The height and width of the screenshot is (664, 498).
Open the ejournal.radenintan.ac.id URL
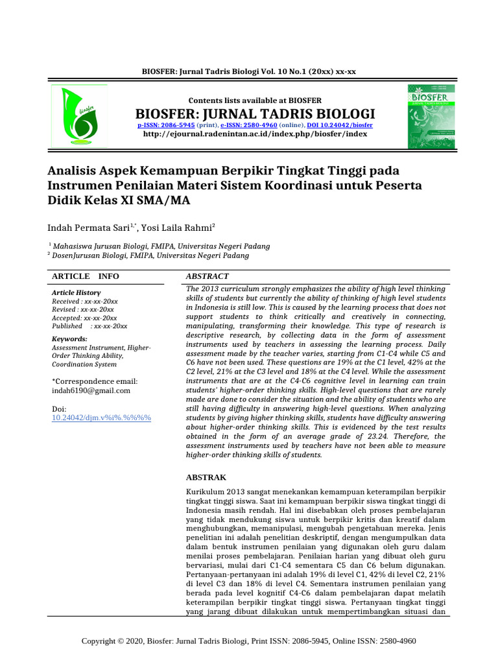(x=255, y=134)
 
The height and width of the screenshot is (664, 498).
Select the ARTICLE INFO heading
(x=86, y=276)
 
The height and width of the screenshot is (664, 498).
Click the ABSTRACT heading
(x=207, y=276)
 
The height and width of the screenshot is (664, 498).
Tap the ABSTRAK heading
(x=206, y=477)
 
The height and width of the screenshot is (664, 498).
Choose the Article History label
(x=76, y=293)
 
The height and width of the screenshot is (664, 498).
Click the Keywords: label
(x=69, y=339)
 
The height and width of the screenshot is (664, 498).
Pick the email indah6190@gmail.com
(x=91, y=391)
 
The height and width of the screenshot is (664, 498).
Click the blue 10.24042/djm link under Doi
(x=101, y=418)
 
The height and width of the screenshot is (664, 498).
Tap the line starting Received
(x=84, y=302)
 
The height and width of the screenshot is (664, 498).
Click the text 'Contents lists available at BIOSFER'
(x=254, y=100)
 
